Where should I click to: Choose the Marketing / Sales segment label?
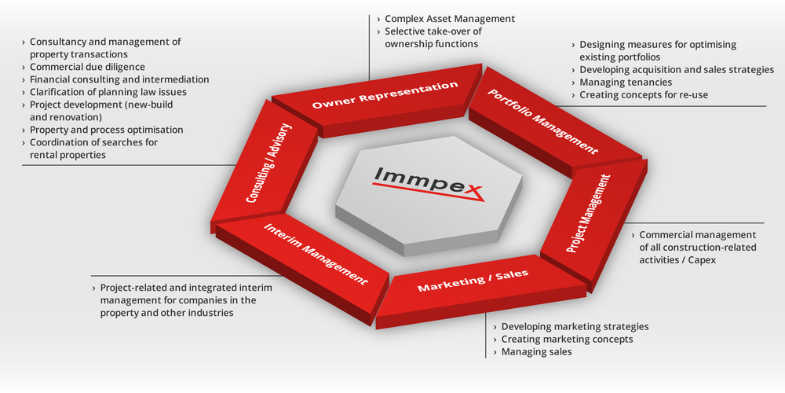(473, 281)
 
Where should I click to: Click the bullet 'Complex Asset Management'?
(449, 18)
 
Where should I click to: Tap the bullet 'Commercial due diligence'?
(87, 67)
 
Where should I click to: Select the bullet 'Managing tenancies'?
(626, 83)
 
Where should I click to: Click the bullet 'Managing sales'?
(536, 351)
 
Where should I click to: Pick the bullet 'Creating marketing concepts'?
(567, 339)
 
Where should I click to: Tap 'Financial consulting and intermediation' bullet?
(119, 79)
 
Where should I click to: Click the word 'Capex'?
(701, 259)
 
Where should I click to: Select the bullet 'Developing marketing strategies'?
(575, 326)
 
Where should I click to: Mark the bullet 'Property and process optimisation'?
(106, 130)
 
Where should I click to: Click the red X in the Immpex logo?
(473, 189)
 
